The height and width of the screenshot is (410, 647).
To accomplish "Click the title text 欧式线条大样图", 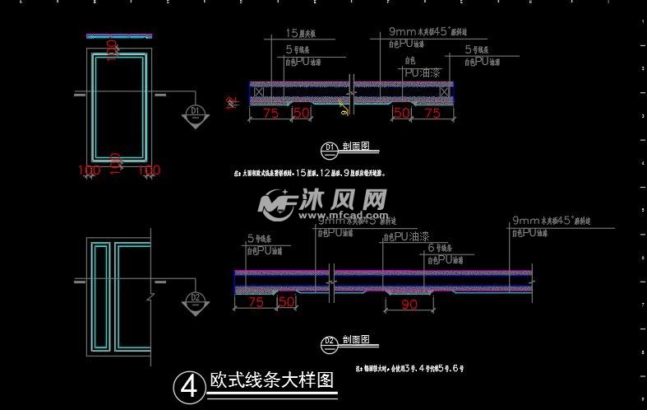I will point(271,381).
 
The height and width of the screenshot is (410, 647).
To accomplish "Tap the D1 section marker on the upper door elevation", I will point(195,113).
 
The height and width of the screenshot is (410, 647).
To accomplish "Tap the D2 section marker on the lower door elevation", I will point(195,300).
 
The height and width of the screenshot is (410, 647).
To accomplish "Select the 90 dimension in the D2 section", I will point(408,304).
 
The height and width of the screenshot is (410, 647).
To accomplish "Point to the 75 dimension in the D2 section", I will point(256,303).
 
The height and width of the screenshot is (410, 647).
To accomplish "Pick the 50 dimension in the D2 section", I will point(287,303).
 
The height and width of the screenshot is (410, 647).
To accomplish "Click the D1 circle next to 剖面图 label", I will point(329,147).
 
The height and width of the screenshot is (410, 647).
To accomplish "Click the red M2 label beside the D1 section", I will point(231,103).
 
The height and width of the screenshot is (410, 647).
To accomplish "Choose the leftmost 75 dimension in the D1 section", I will point(270,114).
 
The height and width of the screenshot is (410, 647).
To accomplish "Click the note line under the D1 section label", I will point(309,174).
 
